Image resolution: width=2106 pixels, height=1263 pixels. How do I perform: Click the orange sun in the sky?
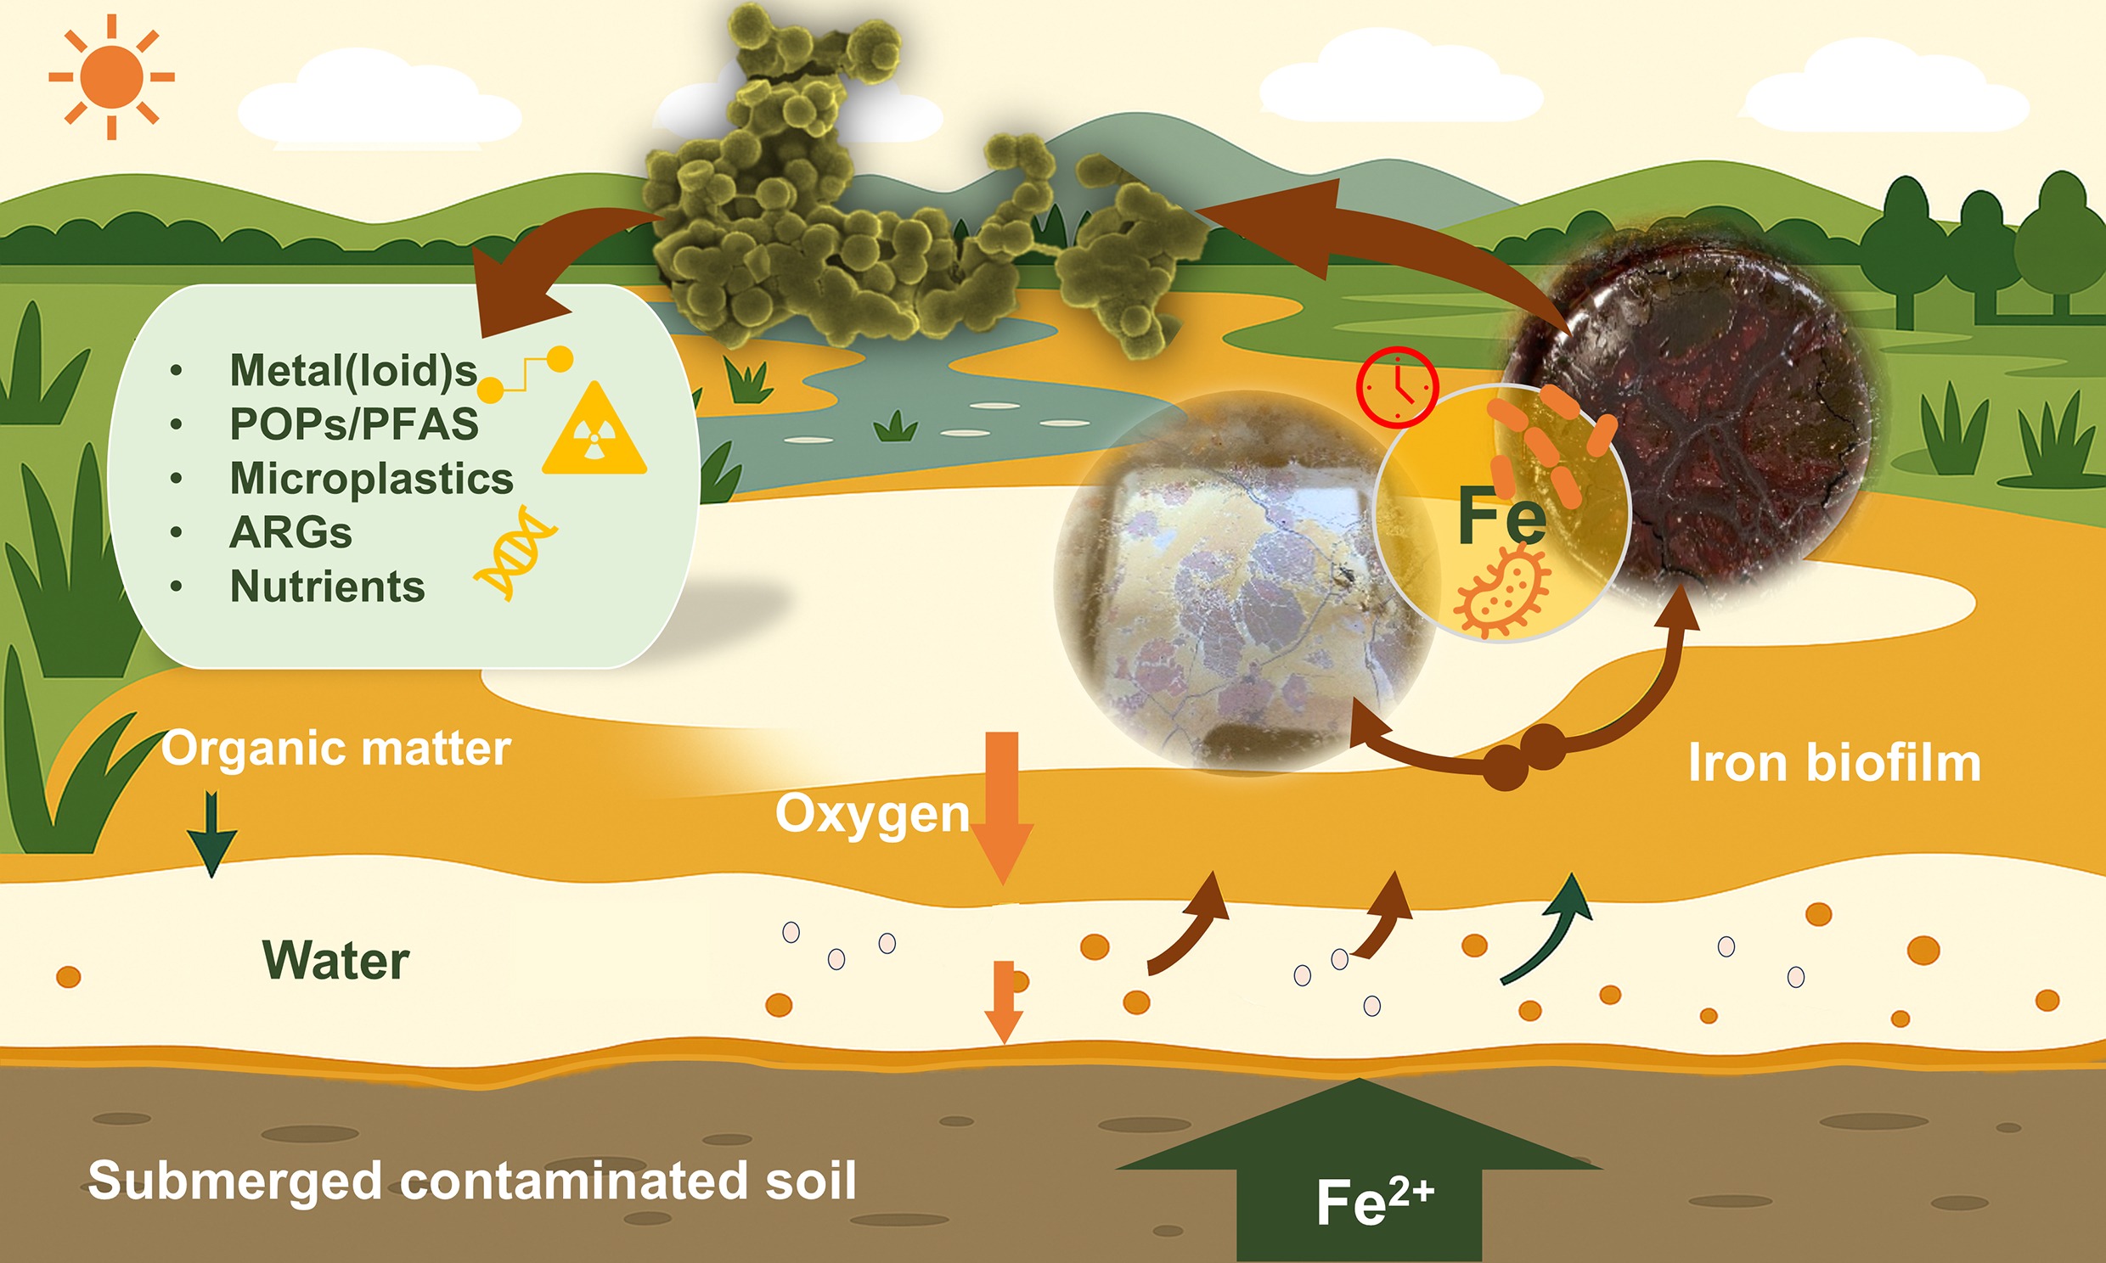[x=111, y=76]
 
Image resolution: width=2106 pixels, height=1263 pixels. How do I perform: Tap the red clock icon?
[x=1397, y=387]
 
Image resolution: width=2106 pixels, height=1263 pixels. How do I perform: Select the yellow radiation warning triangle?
[x=595, y=429]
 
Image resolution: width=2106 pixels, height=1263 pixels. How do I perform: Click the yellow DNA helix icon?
[x=515, y=553]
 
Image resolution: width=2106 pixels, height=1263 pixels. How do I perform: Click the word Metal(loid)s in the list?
[x=353, y=370]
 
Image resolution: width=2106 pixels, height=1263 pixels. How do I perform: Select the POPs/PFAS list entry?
[x=354, y=424]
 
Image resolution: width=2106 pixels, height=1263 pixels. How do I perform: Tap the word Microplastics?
[x=371, y=479]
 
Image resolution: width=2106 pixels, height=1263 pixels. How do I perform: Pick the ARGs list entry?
[x=290, y=533]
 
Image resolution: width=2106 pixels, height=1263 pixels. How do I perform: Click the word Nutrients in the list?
[x=327, y=587]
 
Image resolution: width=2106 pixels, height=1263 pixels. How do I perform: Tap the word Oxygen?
[x=872, y=815]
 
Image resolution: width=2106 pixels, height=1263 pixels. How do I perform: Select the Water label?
[x=335, y=961]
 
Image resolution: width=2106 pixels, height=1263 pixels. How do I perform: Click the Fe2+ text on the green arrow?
[x=1375, y=1201]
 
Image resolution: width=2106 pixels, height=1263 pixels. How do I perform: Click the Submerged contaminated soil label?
[x=472, y=1181]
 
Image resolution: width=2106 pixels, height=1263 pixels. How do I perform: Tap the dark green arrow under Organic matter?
[x=211, y=834]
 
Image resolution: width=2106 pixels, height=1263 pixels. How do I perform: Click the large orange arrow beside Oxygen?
[x=1003, y=808]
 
